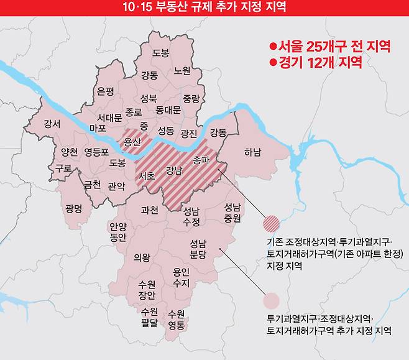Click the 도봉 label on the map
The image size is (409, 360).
coord(160,53)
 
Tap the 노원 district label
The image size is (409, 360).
coord(182,71)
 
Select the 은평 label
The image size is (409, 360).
coord(106,91)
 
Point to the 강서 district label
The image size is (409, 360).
coord(52,124)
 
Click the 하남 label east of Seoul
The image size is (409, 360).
coord(252,152)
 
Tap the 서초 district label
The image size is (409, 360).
coord(147,176)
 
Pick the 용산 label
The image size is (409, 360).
coord(133,142)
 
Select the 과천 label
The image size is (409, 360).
coord(150,210)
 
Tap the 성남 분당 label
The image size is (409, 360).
coord(197,249)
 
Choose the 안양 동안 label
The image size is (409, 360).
coord(117,232)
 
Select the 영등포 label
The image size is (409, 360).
coord(96,151)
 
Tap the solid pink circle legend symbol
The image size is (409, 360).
coord(272,301)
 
